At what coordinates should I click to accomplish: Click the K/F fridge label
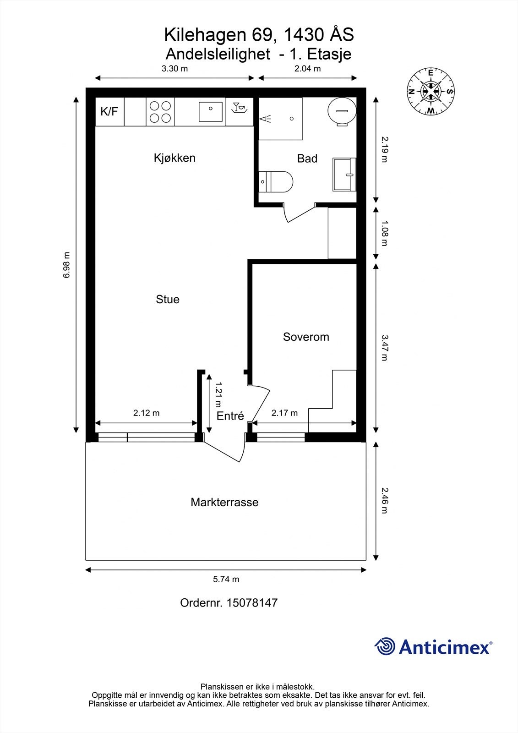click(x=109, y=111)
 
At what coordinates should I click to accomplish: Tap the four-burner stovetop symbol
click(x=160, y=112)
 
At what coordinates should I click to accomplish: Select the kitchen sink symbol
click(x=210, y=112)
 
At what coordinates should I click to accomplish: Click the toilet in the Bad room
click(x=277, y=181)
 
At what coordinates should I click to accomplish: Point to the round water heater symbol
click(x=342, y=111)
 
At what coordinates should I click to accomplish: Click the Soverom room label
click(x=306, y=337)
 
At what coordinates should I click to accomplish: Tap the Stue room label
click(x=168, y=300)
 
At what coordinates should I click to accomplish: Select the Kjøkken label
click(x=174, y=158)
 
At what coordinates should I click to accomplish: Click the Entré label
click(x=230, y=416)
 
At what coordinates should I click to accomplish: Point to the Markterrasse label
click(x=224, y=503)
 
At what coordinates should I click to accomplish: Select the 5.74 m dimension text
click(x=226, y=579)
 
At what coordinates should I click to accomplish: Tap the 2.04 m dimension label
click(x=307, y=69)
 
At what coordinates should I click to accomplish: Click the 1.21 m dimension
click(x=218, y=394)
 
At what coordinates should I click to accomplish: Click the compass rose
click(x=431, y=91)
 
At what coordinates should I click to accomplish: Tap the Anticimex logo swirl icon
click(x=385, y=646)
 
